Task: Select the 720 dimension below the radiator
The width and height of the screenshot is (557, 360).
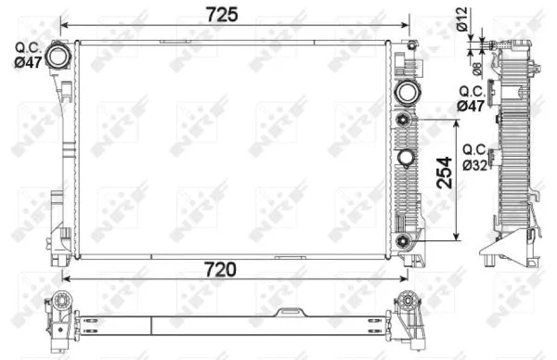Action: [x=220, y=268]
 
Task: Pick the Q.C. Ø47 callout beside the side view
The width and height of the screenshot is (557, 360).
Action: [x=472, y=100]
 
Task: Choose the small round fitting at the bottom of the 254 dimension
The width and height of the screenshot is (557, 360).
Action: [x=403, y=242]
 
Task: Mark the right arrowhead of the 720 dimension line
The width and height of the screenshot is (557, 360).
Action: [x=405, y=276]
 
